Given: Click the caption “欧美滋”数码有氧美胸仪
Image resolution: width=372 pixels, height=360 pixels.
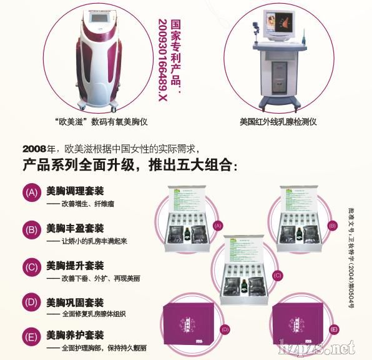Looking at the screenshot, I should coord(100,122).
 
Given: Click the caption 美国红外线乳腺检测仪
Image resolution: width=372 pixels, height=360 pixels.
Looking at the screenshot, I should coord(278,122).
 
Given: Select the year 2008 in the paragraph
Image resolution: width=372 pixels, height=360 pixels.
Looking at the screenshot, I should coord(34,149).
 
